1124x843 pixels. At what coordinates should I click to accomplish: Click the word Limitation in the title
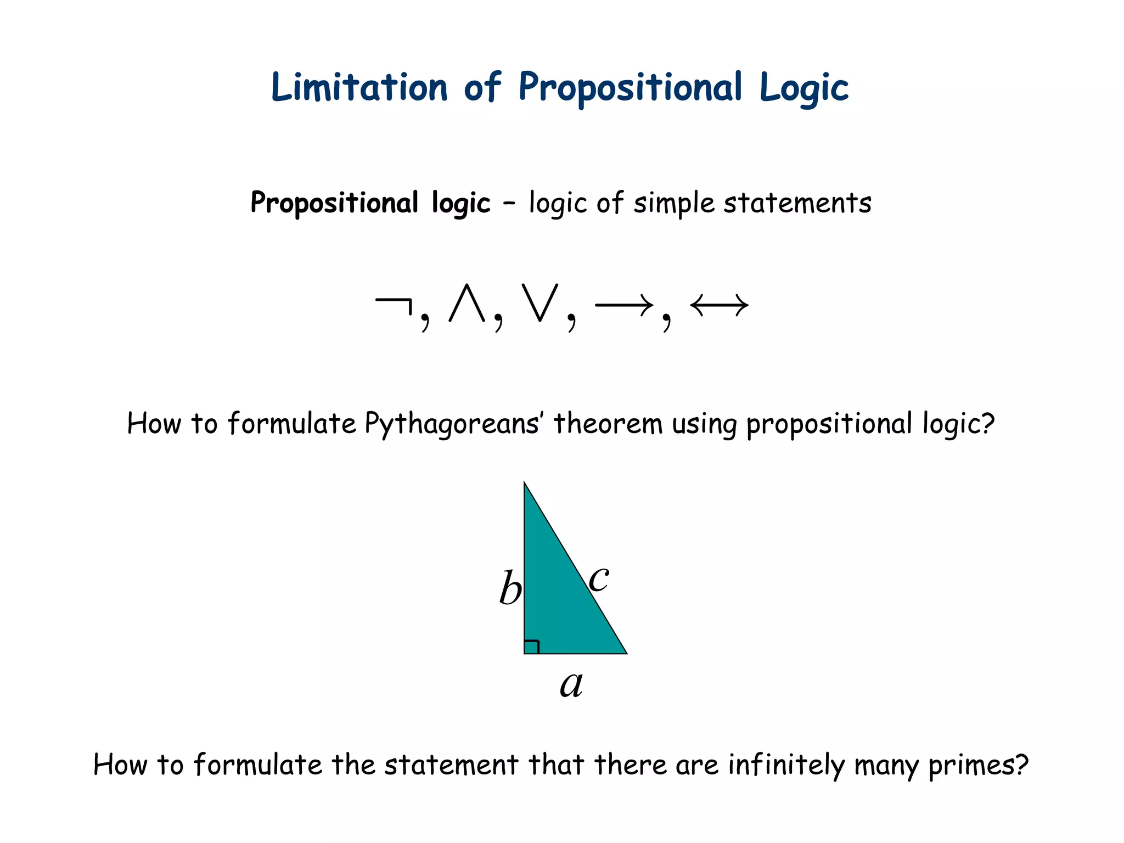[x=359, y=88]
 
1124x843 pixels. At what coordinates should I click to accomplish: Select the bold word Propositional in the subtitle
[x=335, y=203]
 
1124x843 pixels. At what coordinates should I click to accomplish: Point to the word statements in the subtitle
[x=797, y=203]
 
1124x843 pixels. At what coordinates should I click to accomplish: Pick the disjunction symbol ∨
[x=540, y=303]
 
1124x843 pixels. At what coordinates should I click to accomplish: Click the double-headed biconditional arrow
[x=719, y=305]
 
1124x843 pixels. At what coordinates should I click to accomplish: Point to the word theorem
[x=608, y=424]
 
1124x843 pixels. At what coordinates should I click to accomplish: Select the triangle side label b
[x=510, y=588]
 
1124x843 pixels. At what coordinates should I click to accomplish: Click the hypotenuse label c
[x=599, y=578]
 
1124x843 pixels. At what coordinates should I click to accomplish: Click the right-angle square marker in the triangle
[x=531, y=647]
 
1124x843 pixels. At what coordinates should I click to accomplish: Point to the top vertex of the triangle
[x=525, y=484]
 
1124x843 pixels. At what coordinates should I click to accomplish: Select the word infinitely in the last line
[x=786, y=765]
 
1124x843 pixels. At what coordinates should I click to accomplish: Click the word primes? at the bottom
[x=978, y=765]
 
